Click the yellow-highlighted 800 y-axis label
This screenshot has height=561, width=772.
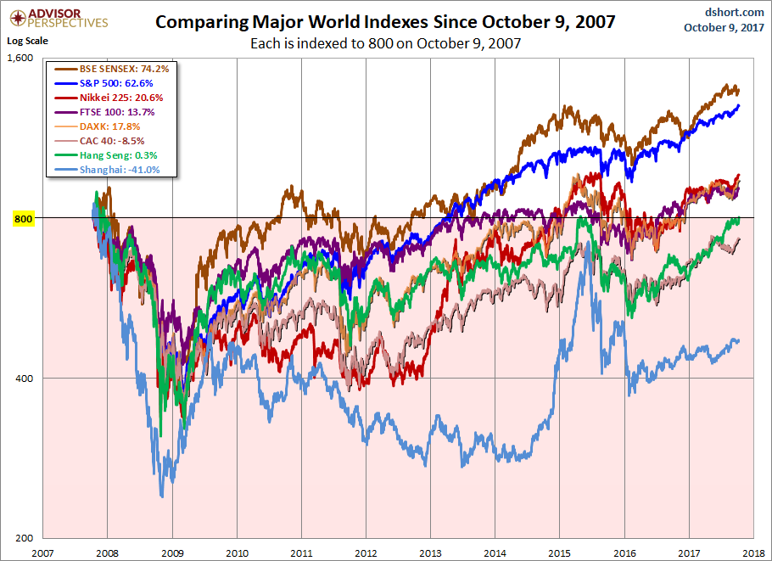[x=22, y=219]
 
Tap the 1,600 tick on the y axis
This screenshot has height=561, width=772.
[x=20, y=59]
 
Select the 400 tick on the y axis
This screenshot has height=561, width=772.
[x=23, y=379]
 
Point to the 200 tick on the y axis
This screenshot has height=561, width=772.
[x=23, y=538]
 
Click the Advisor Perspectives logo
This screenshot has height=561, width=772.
[x=57, y=17]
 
